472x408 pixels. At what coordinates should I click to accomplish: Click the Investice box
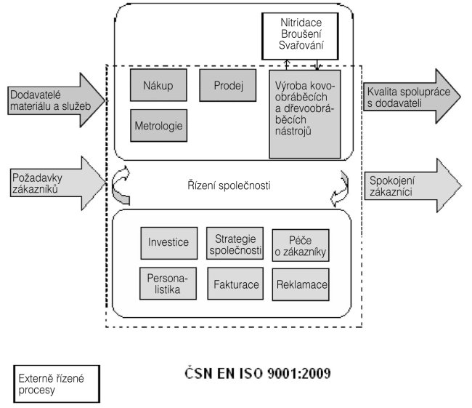point(168,243)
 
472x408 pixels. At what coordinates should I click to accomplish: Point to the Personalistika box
point(168,283)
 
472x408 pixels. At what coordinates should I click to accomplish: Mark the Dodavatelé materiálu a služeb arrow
point(52,100)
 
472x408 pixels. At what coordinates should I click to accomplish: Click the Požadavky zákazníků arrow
point(52,179)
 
